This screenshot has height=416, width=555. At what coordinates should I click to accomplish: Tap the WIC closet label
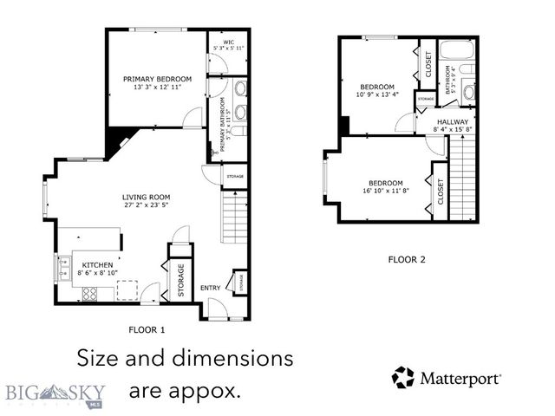tap(229, 41)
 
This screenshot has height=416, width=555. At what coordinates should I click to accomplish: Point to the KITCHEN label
tap(98, 264)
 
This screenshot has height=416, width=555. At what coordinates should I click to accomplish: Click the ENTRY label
tap(211, 287)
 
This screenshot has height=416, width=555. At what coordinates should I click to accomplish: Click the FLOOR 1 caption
tap(147, 330)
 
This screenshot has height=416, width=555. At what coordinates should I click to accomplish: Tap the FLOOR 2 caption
tap(407, 259)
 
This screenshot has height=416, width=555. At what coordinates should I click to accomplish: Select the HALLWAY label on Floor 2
tap(453, 121)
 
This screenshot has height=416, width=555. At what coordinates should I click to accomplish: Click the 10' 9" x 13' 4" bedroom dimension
tap(377, 95)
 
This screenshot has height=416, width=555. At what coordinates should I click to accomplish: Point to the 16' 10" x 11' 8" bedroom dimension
tap(385, 192)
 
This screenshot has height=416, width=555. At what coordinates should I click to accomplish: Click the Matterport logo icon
tap(403, 378)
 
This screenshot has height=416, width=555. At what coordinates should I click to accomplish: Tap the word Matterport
tap(460, 379)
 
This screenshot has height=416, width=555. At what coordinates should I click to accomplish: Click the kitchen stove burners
tap(89, 294)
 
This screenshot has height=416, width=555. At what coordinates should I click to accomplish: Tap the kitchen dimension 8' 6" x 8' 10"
tap(98, 273)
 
